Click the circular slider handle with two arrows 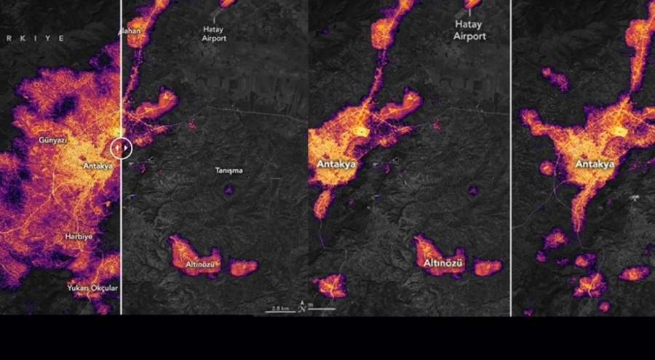click(122, 148)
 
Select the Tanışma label click(229, 171)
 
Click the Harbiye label click(78, 236)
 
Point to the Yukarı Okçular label click(92, 288)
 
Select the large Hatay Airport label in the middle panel click(469, 31)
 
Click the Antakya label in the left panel click(98, 166)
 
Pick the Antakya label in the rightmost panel click(595, 164)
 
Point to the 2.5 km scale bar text click(281, 308)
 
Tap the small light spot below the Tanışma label click(229, 191)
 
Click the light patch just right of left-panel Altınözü click(243, 268)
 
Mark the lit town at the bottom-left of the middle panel click(332, 286)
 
